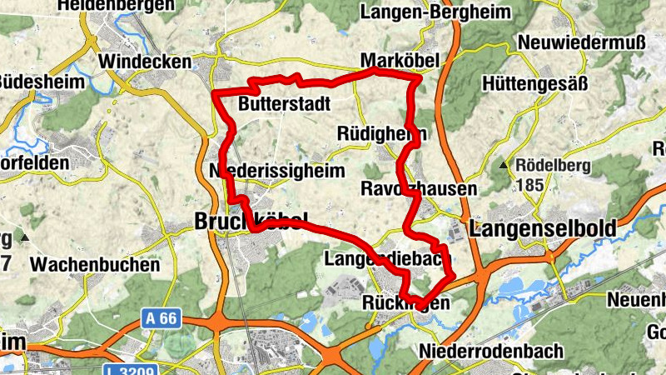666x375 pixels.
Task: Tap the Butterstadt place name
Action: click(284, 104)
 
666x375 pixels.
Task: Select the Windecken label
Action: click(145, 62)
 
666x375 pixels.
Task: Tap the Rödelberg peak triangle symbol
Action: click(504, 166)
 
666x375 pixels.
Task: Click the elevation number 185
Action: click(531, 184)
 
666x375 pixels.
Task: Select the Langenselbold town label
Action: click(543, 227)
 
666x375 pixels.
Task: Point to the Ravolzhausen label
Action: click(419, 189)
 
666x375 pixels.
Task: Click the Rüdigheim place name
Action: click(382, 134)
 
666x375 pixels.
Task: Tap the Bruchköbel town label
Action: click(245, 221)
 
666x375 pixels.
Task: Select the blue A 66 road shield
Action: click(160, 317)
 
